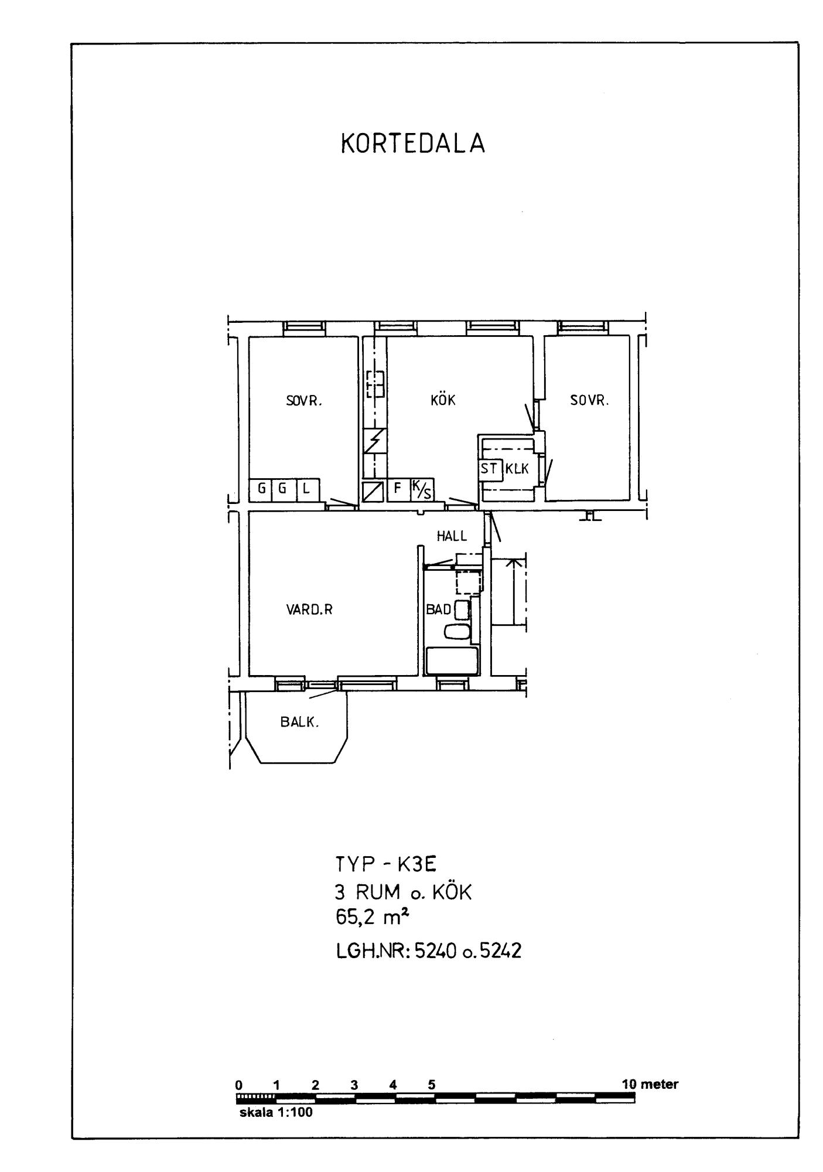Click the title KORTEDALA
tap(413, 144)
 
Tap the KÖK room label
tap(443, 400)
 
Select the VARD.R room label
tap(309, 610)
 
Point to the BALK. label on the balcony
tap(299, 722)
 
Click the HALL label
tap(452, 536)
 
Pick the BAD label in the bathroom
tap(439, 609)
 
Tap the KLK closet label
tap(517, 469)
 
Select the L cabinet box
tap(308, 489)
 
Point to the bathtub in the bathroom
tap(452, 661)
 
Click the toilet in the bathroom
tap(457, 632)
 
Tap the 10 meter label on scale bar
tap(650, 1084)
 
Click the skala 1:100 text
tap(276, 1113)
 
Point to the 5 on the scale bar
tap(432, 1085)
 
